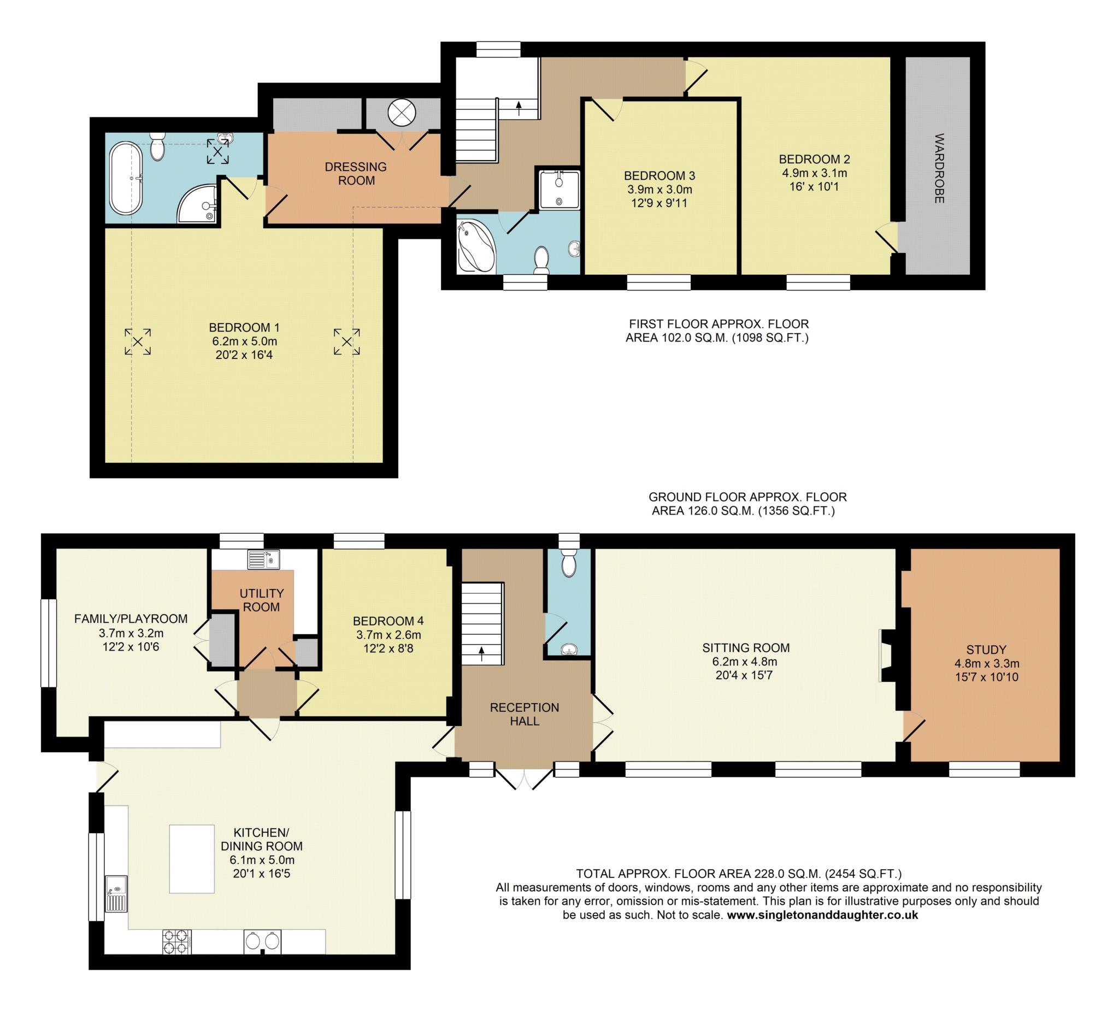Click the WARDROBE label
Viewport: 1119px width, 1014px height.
[x=939, y=168]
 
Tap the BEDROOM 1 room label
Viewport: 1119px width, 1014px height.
[x=244, y=327]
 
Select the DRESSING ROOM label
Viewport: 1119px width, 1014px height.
[x=356, y=173]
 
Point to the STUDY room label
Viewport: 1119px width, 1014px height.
[x=986, y=650]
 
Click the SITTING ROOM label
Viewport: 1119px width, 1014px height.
[x=746, y=648]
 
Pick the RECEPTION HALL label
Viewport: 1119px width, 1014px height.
[x=525, y=714]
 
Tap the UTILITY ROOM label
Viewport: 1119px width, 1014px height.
[x=261, y=600]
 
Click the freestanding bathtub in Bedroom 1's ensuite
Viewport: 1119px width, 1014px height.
[x=127, y=178]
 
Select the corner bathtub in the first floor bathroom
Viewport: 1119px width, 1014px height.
[x=476, y=246]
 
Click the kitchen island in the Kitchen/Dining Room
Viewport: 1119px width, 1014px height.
[x=192, y=859]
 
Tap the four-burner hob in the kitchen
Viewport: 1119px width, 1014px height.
[x=177, y=941]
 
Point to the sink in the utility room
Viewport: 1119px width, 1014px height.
[x=264, y=559]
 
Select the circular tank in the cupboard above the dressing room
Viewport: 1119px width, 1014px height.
[x=401, y=113]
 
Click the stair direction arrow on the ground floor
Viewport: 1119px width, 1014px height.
[x=481, y=653]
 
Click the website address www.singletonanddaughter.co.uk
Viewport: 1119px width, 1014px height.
[x=823, y=915]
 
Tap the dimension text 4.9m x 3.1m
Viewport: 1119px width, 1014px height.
[x=815, y=173]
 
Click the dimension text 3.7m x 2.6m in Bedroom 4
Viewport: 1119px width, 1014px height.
[x=388, y=634]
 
